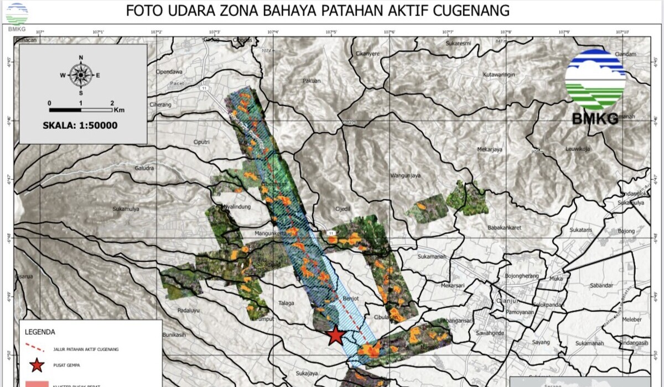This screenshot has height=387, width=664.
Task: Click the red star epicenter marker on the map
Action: click(335, 336)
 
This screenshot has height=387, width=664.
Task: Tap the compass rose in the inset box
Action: click(81, 75)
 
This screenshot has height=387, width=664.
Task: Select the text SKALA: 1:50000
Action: click(80, 125)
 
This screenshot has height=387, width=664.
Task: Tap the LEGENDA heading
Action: click(40, 332)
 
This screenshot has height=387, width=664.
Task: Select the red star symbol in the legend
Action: click(37, 365)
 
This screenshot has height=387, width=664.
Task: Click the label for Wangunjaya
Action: click(406, 176)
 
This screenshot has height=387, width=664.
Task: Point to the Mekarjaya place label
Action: click(489, 149)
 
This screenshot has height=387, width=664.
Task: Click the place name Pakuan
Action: click(312, 81)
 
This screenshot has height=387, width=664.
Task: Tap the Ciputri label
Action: click(201, 142)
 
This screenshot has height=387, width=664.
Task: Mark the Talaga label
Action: click(287, 303)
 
